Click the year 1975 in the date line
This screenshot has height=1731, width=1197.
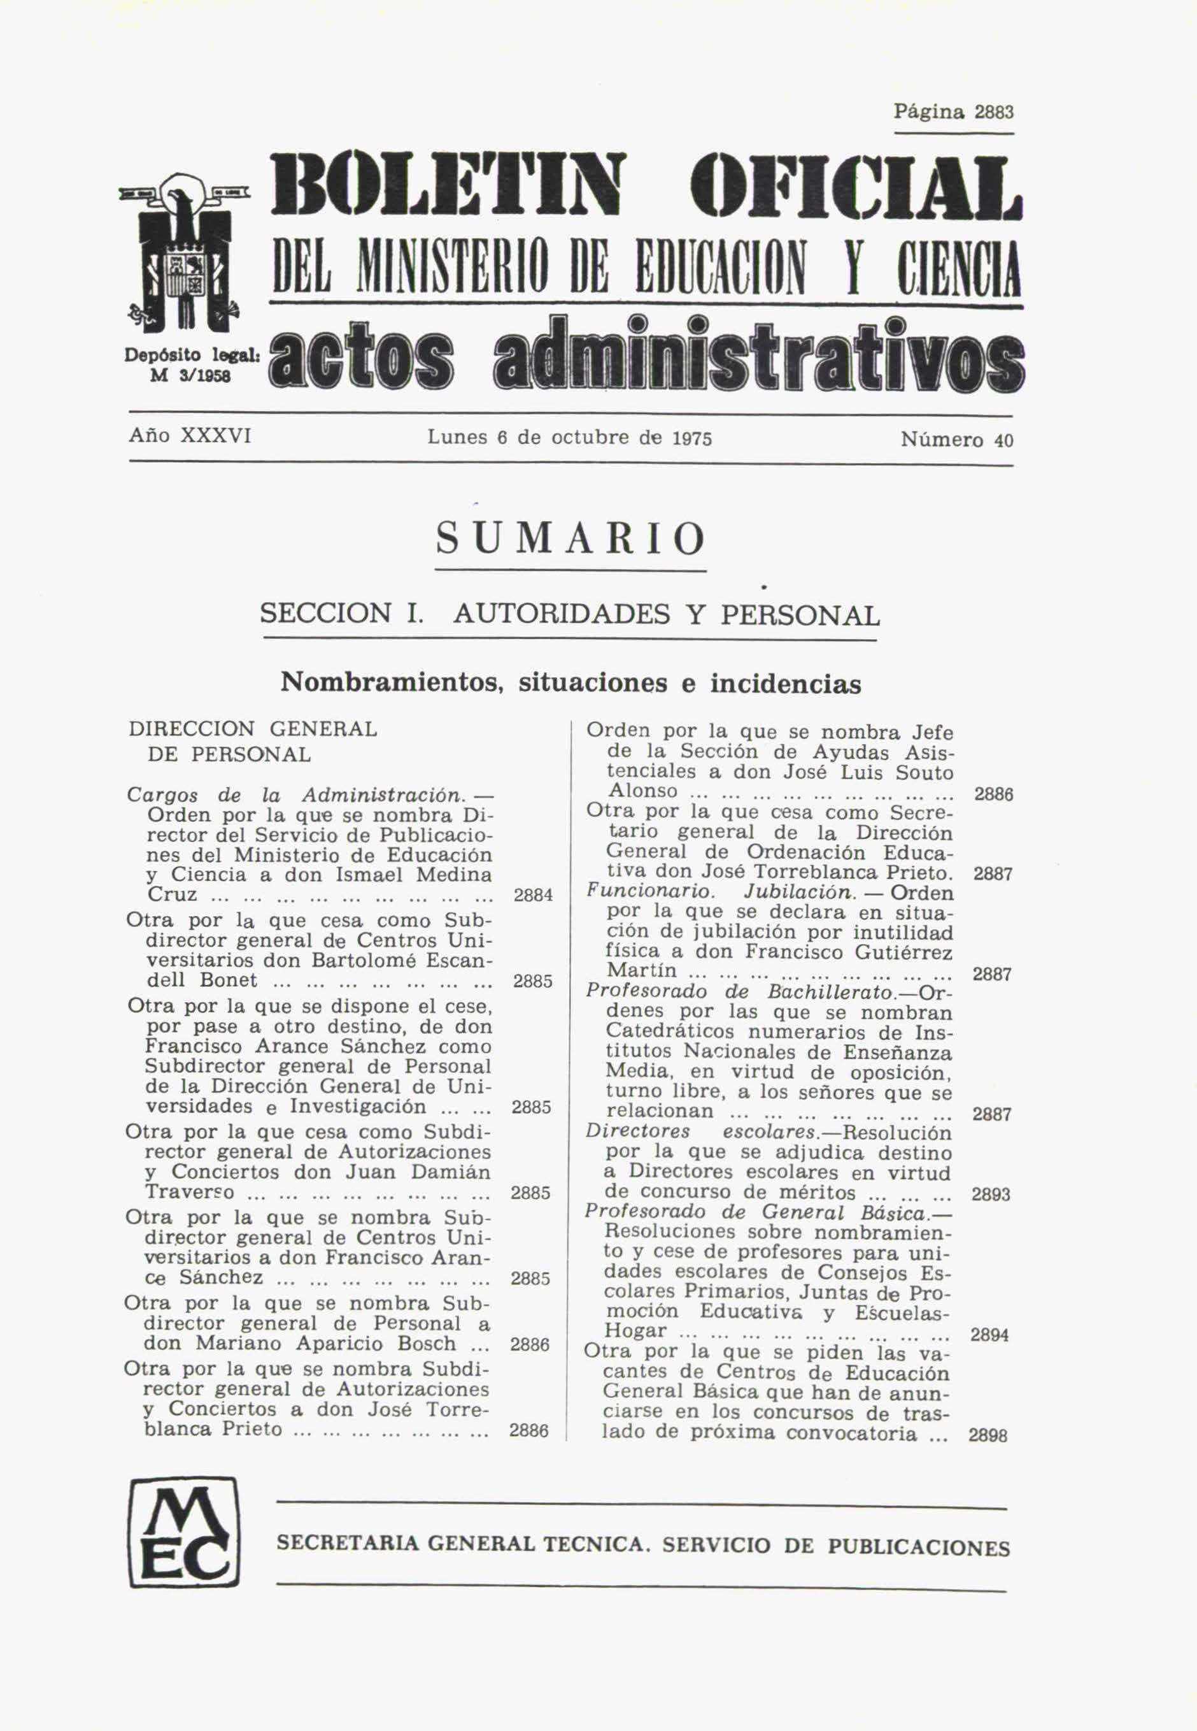click(691, 439)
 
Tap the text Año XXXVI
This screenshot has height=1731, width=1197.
click(190, 435)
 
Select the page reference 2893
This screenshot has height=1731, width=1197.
click(991, 1195)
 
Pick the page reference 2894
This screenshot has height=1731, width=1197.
click(990, 1335)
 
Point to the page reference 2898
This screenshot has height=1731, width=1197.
click(988, 1435)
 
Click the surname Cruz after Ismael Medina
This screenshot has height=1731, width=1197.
click(173, 895)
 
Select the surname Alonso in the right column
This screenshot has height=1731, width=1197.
click(642, 791)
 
